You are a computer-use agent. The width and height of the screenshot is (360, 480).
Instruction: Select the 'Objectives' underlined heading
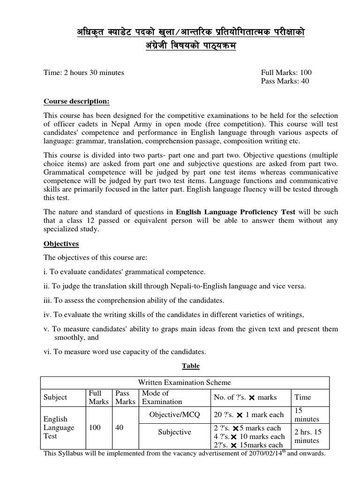(x=61, y=244)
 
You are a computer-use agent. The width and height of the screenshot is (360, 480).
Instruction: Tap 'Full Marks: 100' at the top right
(x=285, y=73)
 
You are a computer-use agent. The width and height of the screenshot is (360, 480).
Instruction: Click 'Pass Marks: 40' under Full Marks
(x=285, y=81)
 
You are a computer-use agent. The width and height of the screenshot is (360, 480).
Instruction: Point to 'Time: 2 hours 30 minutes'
(x=84, y=73)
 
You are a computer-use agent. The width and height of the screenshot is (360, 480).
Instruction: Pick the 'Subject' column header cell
(x=55, y=397)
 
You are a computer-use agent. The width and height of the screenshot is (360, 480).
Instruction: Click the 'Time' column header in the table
(x=302, y=397)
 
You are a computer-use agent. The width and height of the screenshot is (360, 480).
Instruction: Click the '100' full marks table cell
(x=96, y=427)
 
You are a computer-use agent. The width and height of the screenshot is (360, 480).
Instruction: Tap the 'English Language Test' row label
(x=59, y=427)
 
